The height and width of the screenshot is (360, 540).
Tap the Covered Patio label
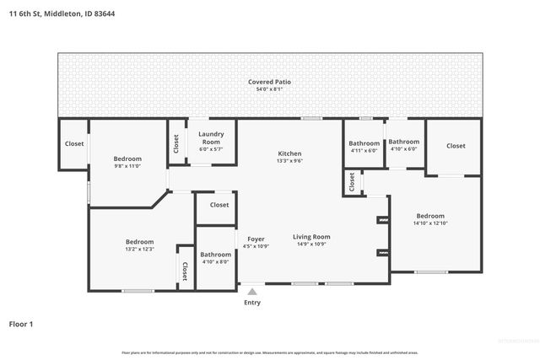pos(269,82)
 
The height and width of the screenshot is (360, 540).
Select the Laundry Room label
pos(209,138)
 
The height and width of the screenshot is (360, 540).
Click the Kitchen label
pos(289,153)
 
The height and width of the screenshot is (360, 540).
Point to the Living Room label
pos(311,238)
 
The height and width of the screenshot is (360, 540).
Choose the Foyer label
pos(256,239)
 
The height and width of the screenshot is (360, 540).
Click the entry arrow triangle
pos(251,292)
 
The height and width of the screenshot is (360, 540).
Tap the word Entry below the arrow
pos(252,303)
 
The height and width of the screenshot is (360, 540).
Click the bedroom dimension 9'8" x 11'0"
pos(127,166)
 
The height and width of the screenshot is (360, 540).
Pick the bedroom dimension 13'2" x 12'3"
pos(139,250)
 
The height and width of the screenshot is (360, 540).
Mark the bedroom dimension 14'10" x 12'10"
pos(429,223)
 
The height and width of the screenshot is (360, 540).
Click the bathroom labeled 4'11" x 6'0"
pos(364,150)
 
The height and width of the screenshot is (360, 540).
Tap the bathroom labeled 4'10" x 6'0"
pos(403,149)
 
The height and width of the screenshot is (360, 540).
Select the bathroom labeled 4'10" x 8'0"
pos(215,262)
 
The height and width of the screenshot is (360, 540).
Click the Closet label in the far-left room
pos(74,143)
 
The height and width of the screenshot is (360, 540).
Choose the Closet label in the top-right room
pos(456,146)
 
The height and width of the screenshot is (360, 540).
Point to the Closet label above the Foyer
pos(219,205)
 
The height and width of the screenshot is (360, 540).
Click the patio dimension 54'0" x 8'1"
pos(269,89)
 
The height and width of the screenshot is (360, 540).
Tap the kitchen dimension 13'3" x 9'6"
pos(289,161)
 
